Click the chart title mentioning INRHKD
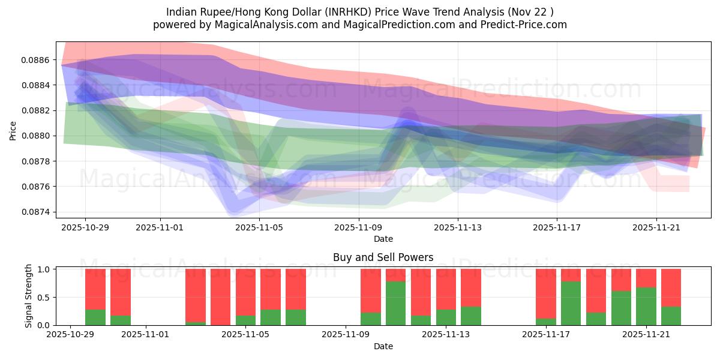pyautogui.click(x=360, y=11)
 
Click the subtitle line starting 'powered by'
pyautogui.click(x=360, y=25)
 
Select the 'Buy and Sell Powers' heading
pyautogui.click(x=383, y=257)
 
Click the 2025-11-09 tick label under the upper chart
pyautogui.click(x=359, y=227)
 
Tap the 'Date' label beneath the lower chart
pyautogui.click(x=383, y=346)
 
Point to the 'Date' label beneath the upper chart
pyautogui.click(x=383, y=239)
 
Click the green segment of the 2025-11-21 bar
pyautogui.click(x=646, y=306)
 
